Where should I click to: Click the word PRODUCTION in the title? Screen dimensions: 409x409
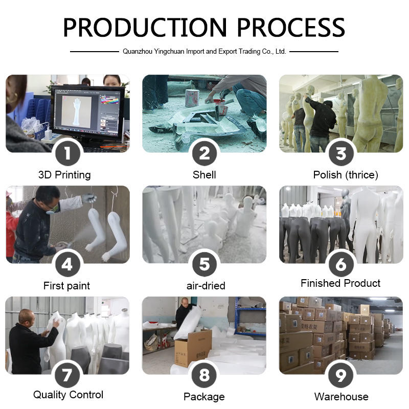coord(145,27)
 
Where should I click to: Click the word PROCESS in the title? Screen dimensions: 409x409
coord(291,27)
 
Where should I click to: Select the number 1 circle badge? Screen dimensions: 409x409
coord(68,153)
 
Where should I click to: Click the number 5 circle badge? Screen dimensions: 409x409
coord(204,264)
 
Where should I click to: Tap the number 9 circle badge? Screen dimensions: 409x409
coord(341,375)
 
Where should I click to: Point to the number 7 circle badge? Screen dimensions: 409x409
coord(67,375)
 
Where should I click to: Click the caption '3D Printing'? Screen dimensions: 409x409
coord(64,175)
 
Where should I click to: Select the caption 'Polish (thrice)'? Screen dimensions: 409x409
coord(346,175)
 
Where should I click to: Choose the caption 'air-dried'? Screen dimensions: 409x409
coord(206,286)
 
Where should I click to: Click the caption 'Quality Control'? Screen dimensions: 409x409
coord(69,395)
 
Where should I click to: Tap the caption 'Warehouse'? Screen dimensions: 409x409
coord(341,397)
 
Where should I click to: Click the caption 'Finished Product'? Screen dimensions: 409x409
coord(340,283)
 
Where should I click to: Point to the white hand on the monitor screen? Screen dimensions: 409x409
coord(77,111)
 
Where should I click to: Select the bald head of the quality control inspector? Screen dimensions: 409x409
coord(27,316)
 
